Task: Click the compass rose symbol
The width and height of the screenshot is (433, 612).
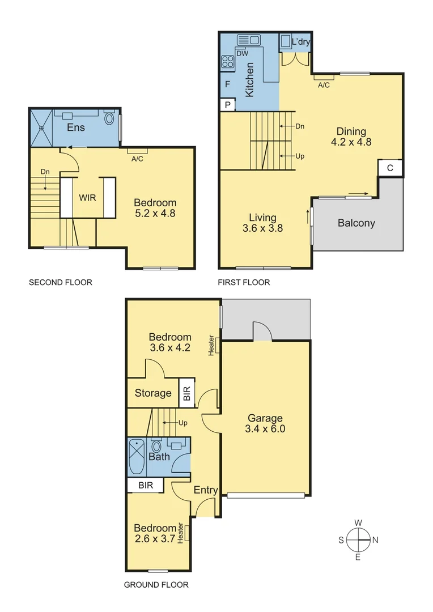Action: [358, 539]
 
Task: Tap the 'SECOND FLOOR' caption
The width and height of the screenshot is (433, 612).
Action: [60, 282]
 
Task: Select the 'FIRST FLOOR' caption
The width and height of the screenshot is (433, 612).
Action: [244, 282]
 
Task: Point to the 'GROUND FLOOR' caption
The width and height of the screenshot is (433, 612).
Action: [156, 585]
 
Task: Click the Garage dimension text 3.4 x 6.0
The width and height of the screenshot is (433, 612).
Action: [265, 429]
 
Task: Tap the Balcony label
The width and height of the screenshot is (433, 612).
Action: [356, 223]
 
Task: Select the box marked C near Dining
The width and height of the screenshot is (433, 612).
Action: [390, 168]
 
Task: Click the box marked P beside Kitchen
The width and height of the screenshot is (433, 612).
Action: [227, 105]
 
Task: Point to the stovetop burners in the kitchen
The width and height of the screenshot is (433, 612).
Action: [228, 61]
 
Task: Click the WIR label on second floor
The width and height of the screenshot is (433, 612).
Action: [87, 198]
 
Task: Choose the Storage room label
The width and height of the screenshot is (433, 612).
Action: [153, 393]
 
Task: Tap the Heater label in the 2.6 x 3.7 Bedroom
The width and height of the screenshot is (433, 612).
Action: [181, 533]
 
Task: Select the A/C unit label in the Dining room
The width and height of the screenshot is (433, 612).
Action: [324, 85]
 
